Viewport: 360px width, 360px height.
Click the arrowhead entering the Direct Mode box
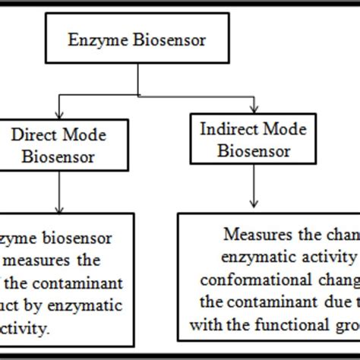(x=60, y=114)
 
